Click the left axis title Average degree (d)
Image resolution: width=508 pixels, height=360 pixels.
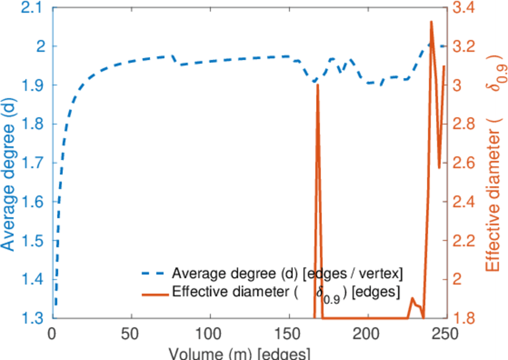point(8,174)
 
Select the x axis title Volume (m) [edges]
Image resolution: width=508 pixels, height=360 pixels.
point(239,353)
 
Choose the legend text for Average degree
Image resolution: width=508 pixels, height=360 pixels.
point(287,274)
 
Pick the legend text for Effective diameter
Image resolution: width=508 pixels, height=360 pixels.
point(286,293)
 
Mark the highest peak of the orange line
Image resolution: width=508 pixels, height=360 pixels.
point(431,22)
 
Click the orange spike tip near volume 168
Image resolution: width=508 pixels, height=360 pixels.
point(317,85)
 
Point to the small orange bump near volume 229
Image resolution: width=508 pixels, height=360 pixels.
point(413,298)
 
